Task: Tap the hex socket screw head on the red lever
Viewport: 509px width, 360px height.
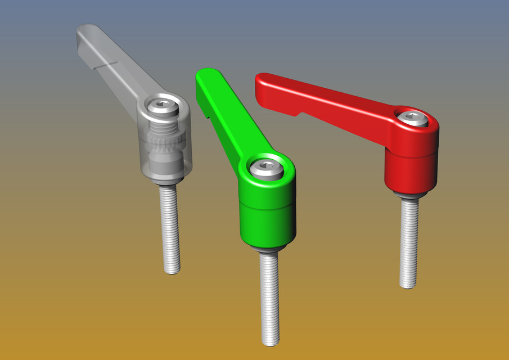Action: pos(414,118)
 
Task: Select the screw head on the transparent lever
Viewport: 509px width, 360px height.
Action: pos(161,106)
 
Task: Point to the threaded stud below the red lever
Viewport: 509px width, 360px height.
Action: pos(409,242)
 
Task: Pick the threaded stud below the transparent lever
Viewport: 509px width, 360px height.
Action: pos(170,228)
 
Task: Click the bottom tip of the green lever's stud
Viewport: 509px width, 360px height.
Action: pos(271,343)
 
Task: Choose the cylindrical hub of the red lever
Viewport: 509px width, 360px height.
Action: pos(411,169)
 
